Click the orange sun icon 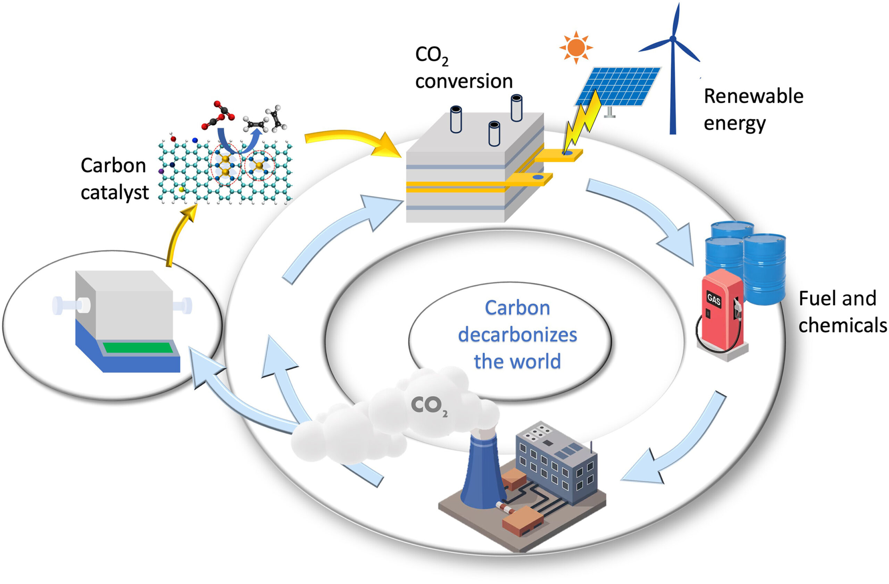(576, 48)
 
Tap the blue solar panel (618, 86)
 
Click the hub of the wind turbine (673, 39)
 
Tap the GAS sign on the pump (713, 299)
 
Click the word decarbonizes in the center (517, 335)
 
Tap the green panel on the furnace (138, 347)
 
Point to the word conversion (464, 81)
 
